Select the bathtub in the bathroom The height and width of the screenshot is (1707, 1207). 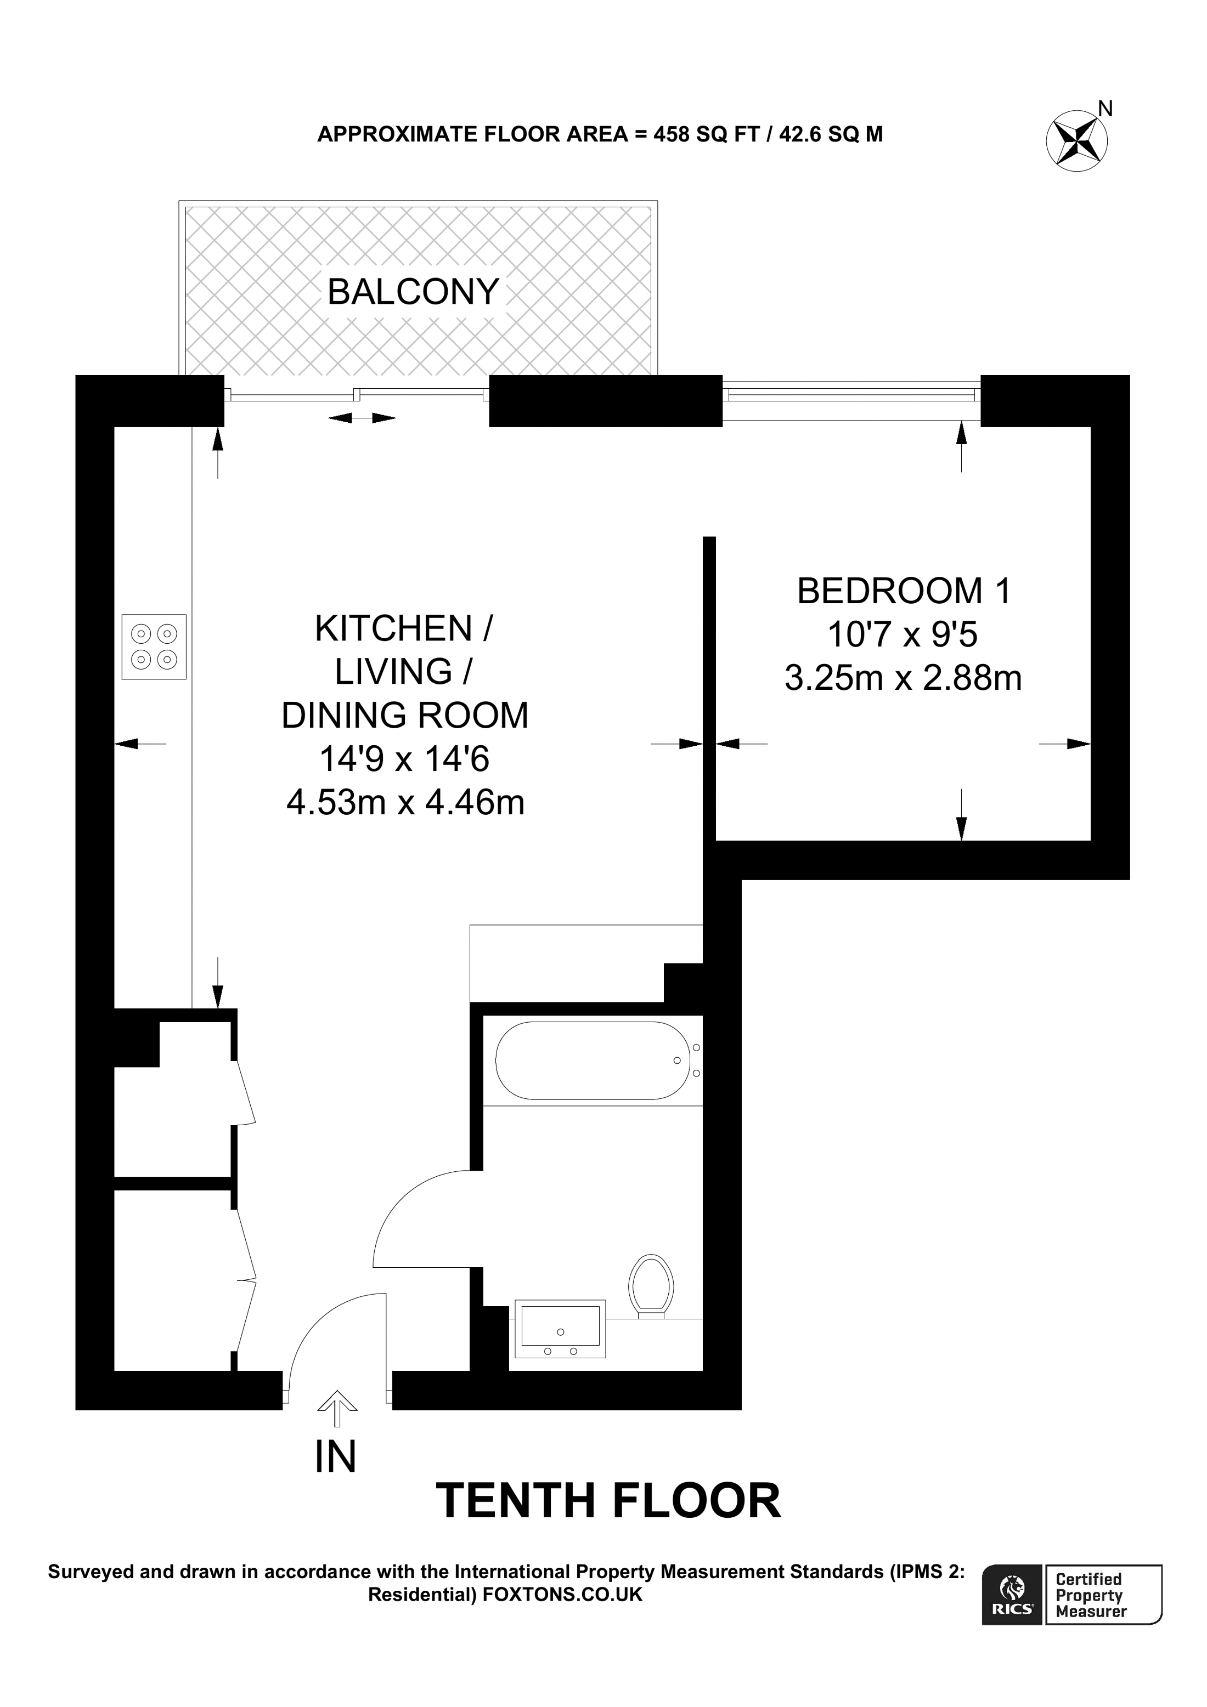coord(593,1061)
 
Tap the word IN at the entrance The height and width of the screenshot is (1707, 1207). coord(335,1456)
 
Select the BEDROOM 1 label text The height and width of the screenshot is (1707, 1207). coord(904,591)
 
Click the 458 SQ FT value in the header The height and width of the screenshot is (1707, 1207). coord(706,134)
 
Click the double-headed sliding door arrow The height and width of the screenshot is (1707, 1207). coord(362,418)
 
